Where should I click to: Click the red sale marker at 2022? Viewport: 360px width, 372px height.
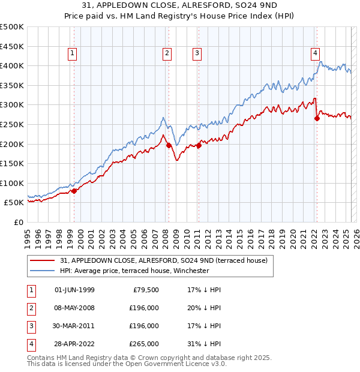pyautogui.click(x=317, y=118)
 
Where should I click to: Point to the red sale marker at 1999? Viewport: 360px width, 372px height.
pyautogui.click(x=74, y=191)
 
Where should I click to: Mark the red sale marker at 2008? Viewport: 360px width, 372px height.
pyautogui.click(x=169, y=145)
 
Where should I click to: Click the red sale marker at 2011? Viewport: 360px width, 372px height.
pyautogui.click(x=199, y=145)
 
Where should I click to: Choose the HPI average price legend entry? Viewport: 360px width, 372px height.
pyautogui.click(x=134, y=271)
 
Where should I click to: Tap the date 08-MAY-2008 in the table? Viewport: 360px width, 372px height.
pyautogui.click(x=74, y=308)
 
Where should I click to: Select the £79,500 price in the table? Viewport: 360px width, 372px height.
pyautogui.click(x=145, y=290)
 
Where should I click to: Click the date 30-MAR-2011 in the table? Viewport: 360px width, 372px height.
pyautogui.click(x=74, y=326)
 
